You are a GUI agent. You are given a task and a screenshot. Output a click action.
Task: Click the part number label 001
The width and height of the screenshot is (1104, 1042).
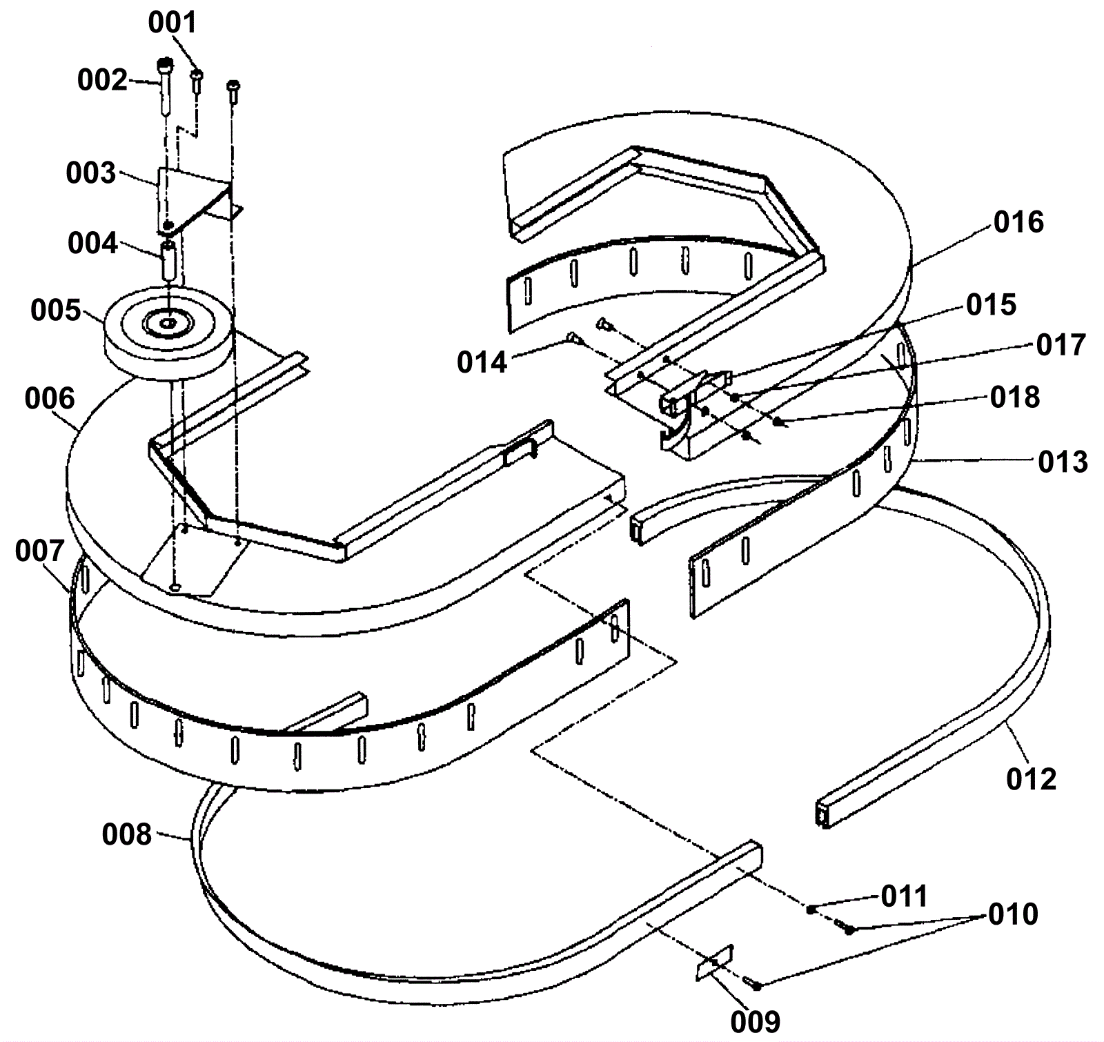172,23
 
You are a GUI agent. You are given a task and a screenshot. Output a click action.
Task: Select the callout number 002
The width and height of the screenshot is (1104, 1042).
102,81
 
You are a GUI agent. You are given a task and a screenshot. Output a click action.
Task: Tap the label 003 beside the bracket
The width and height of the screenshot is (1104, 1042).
90,173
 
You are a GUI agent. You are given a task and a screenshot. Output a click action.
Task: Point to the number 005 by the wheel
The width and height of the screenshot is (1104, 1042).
56,311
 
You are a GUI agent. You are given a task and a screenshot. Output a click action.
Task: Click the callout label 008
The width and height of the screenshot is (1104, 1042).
126,835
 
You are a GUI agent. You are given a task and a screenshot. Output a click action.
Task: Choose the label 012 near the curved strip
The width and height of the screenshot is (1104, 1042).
1031,779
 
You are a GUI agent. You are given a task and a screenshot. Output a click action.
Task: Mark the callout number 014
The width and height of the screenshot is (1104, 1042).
482,362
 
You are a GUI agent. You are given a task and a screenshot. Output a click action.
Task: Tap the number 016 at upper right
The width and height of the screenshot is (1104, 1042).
1018,222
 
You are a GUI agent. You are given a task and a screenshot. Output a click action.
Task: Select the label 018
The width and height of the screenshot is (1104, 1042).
1014,397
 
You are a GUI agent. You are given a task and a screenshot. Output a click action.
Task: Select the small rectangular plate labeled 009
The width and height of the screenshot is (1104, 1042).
714,963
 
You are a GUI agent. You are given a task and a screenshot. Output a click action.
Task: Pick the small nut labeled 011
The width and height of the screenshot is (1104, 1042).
811,910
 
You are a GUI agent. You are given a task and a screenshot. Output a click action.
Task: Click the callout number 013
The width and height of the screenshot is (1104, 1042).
1063,462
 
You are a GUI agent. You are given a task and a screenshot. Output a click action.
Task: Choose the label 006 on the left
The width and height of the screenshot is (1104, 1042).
50,399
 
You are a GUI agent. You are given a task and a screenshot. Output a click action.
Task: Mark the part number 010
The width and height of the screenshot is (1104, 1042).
1013,914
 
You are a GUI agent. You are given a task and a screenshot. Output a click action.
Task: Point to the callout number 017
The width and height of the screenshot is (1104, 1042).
1061,345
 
